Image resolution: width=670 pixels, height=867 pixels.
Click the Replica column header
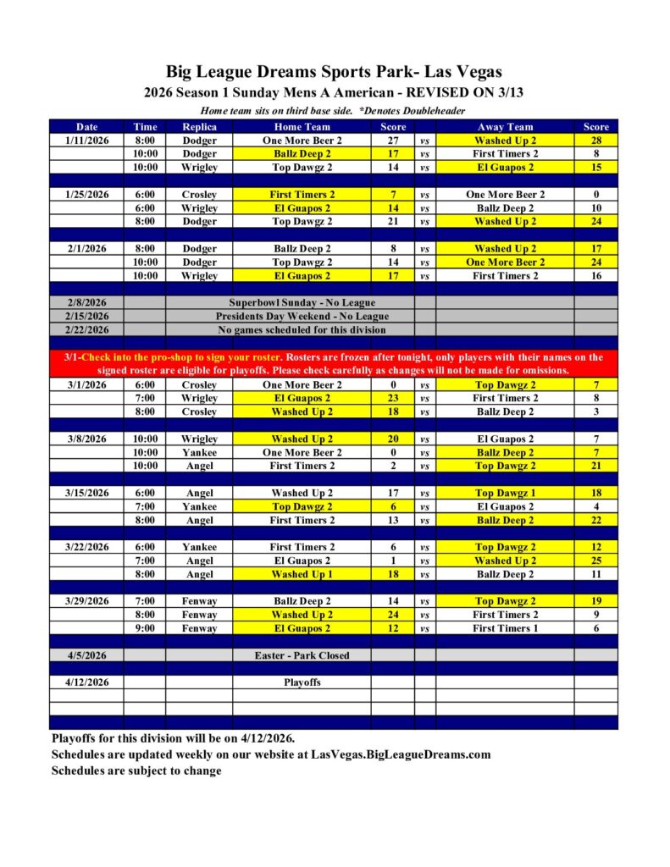coord(199,127)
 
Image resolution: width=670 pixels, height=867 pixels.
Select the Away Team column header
coord(505,127)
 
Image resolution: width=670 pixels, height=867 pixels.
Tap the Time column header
coord(145,127)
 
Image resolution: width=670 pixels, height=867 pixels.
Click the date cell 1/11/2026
coord(87,141)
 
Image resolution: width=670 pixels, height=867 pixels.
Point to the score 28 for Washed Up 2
coord(596,141)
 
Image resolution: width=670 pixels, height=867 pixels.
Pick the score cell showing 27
coord(392,141)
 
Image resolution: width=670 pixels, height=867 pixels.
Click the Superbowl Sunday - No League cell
coord(302,303)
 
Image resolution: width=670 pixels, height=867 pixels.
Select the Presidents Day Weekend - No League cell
coord(302,317)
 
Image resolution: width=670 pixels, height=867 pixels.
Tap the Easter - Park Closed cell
coord(302,655)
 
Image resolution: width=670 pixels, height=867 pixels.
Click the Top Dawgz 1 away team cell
coord(505,493)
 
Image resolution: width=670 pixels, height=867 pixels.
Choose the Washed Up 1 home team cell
coord(302,574)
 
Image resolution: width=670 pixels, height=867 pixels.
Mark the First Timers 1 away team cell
coord(505,628)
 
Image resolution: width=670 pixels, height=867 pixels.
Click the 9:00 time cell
coord(145,628)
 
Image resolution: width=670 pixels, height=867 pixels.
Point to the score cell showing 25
coord(596,561)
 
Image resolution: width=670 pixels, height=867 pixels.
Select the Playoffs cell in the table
coord(302,682)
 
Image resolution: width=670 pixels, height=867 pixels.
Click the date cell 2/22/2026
coord(87,330)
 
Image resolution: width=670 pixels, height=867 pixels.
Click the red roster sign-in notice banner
coord(334,364)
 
